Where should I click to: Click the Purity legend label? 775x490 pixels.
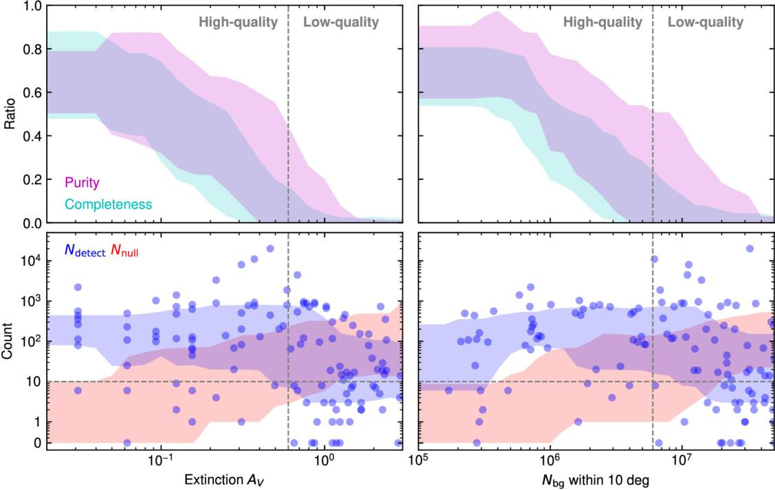point(82,183)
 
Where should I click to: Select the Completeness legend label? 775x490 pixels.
point(108,205)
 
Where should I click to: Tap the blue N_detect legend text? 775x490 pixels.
point(85,251)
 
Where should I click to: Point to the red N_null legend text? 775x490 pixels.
point(124,251)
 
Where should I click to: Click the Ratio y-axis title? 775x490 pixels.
point(10,113)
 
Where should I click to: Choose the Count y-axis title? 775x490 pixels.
point(8,341)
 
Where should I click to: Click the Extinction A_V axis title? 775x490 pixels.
point(224,480)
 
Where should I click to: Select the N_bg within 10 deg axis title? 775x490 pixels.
point(596,480)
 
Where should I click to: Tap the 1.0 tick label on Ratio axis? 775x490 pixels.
point(32,6)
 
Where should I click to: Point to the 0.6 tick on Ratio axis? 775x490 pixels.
point(32,93)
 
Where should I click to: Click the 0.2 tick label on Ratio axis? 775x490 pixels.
point(32,180)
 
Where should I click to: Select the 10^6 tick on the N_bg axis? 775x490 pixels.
point(550,461)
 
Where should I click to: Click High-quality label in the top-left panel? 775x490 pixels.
point(238,22)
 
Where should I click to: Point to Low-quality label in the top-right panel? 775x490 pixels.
point(706,22)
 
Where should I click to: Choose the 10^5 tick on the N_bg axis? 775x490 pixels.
point(419,461)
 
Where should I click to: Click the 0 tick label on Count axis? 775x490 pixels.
point(38,443)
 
